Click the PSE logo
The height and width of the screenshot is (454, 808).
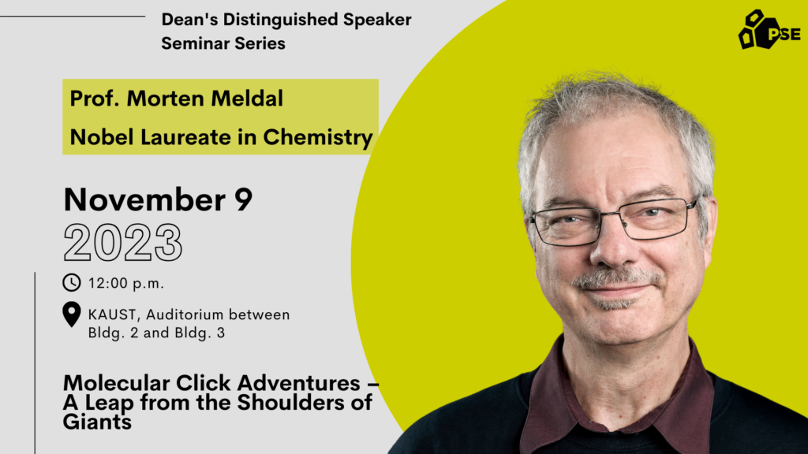769,30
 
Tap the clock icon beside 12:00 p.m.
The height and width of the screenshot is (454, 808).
72,283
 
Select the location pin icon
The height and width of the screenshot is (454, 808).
72,314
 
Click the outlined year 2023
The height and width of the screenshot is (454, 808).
123,243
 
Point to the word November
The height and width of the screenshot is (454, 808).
145,199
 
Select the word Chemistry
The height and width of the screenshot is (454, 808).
318,137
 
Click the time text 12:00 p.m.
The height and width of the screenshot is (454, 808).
126,284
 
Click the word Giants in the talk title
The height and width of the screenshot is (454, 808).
97,422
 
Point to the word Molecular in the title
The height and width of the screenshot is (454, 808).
116,383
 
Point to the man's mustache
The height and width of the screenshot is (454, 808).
617,278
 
